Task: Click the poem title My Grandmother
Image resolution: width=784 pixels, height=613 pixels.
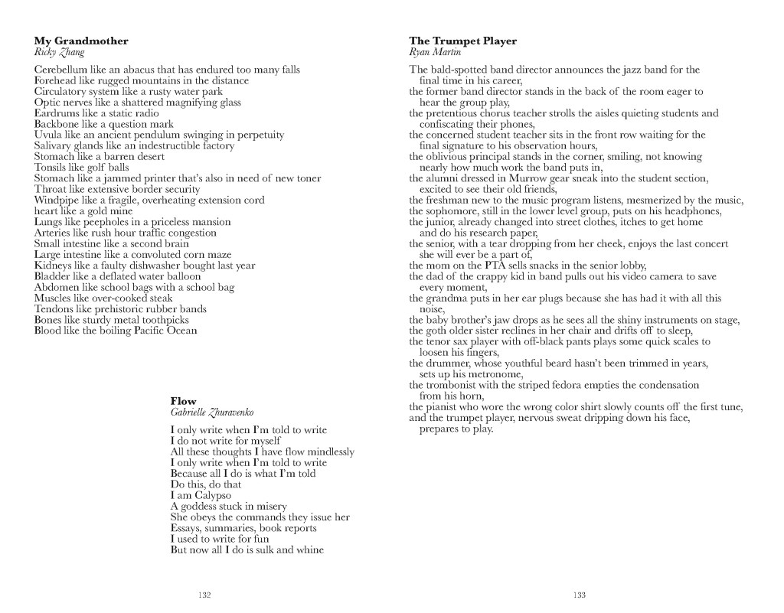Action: click(81, 41)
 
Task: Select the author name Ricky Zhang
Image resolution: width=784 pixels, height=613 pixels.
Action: click(60, 52)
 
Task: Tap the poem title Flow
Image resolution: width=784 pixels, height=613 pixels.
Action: click(183, 401)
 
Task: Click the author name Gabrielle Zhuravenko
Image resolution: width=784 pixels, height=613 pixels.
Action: click(211, 412)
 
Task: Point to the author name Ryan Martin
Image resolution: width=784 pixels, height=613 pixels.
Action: click(435, 52)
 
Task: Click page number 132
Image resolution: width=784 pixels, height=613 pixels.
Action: click(204, 595)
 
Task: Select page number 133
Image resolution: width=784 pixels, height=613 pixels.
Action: click(580, 595)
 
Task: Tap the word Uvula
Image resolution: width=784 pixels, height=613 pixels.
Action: click(47, 135)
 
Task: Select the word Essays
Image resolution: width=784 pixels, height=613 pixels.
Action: click(186, 528)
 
